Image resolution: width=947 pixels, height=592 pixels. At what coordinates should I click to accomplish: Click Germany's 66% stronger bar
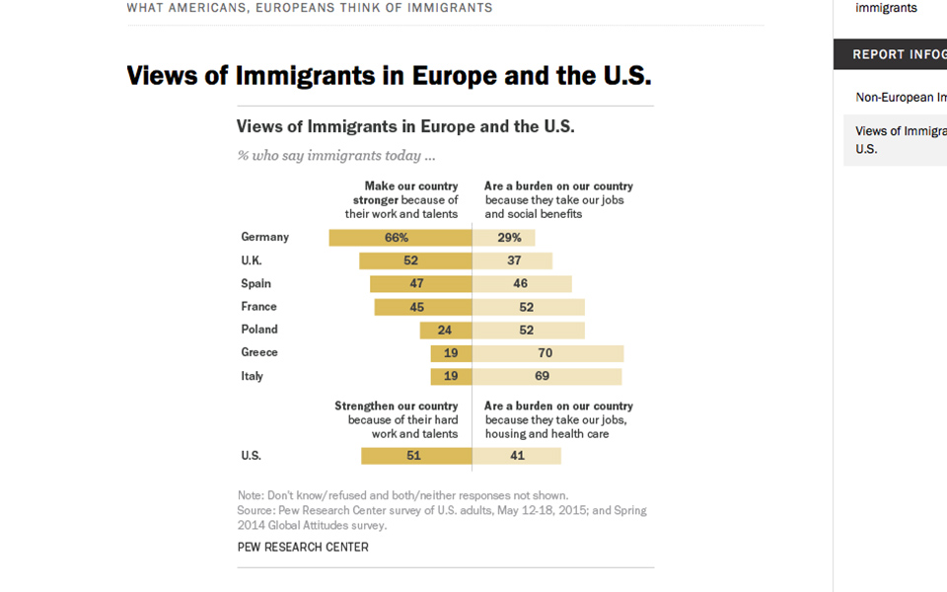[400, 238]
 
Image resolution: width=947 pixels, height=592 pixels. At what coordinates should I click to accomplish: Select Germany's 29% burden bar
[503, 238]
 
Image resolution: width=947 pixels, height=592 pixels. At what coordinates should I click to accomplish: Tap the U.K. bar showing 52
[415, 260]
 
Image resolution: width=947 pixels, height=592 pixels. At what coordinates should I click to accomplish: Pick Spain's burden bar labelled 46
[522, 284]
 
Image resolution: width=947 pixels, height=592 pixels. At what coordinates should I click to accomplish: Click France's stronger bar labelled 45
[422, 307]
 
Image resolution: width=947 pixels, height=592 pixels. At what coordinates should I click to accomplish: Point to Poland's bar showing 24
[446, 330]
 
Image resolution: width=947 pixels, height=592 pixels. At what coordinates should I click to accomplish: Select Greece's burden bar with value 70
[547, 353]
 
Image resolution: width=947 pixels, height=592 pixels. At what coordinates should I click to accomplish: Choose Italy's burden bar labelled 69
[546, 376]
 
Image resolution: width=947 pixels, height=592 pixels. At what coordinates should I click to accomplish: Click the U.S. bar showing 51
[416, 456]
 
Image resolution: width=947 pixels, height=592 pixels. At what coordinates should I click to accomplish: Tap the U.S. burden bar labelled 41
[516, 456]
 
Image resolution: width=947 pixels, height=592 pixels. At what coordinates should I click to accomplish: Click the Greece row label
[259, 352]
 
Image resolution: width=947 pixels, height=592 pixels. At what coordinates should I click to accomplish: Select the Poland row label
[259, 330]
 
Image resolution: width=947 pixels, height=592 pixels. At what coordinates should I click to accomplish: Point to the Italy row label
[252, 376]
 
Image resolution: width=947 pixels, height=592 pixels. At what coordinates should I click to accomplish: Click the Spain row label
[255, 284]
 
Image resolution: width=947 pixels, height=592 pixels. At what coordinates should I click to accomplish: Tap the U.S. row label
[251, 456]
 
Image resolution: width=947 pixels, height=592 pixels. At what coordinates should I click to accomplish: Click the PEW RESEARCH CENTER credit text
[303, 547]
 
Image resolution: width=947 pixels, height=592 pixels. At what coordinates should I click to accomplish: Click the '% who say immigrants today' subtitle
[336, 155]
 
